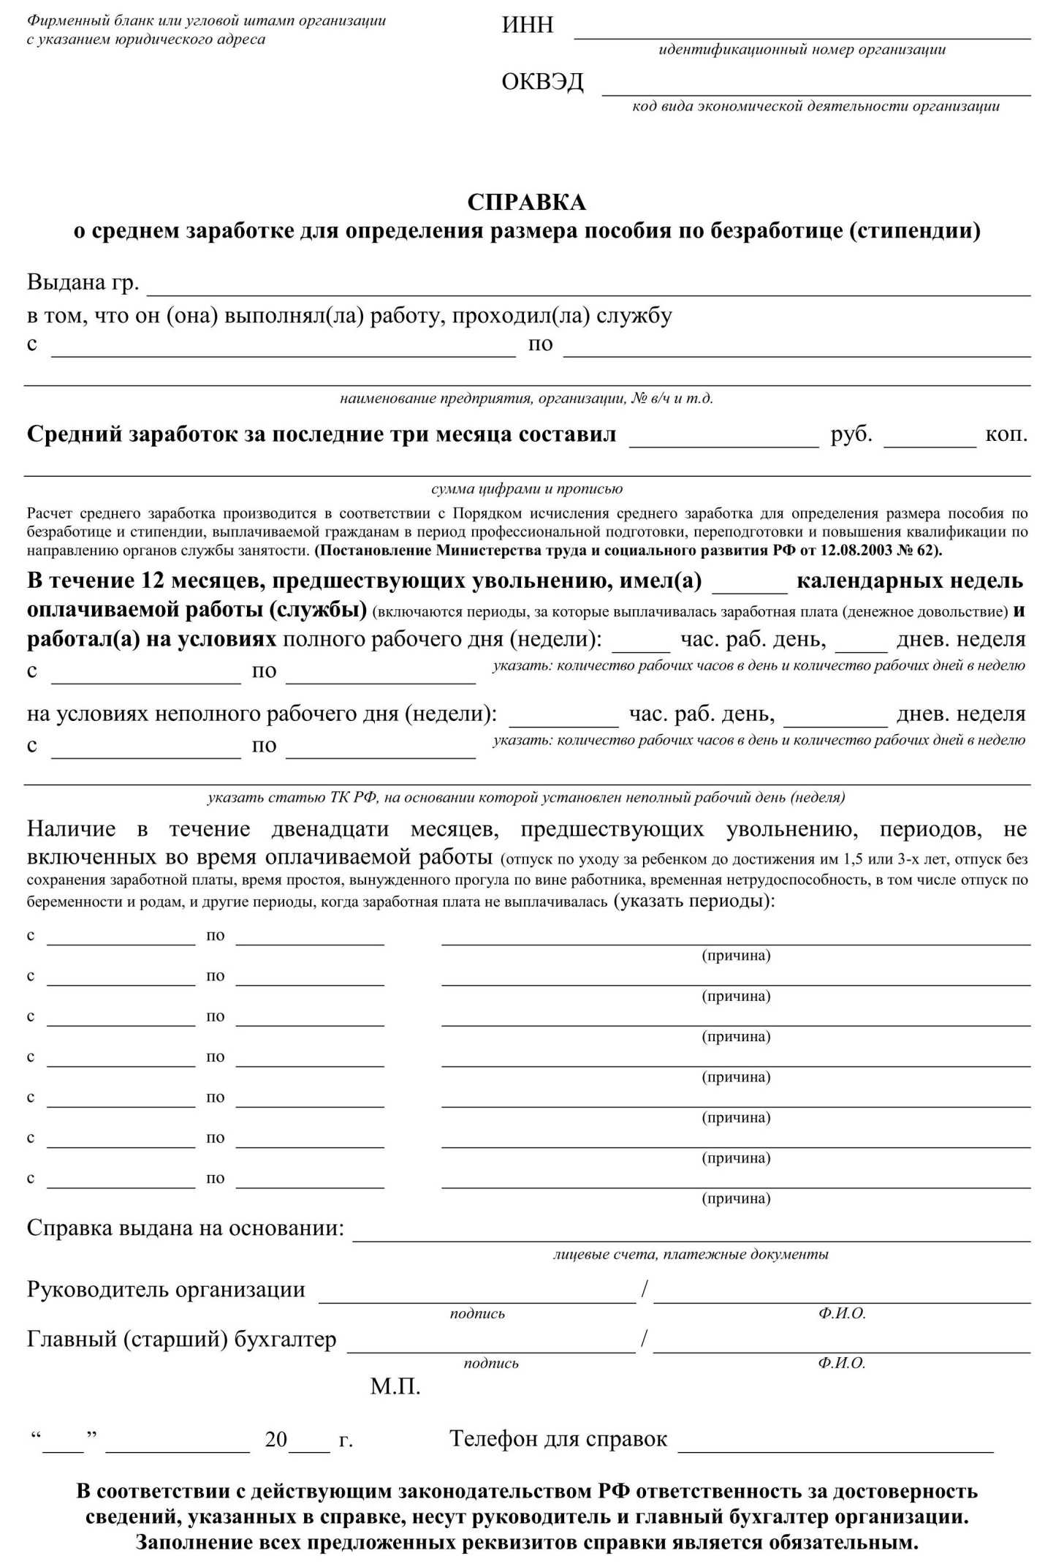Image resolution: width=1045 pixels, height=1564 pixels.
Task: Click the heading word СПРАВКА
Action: click(526, 202)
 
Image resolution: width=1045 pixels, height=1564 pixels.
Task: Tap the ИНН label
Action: click(527, 25)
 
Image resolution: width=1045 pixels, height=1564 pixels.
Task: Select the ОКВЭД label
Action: click(542, 82)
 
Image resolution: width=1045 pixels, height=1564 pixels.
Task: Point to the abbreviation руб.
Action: click(851, 434)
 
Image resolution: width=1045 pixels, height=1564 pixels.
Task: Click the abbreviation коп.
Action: click(1006, 434)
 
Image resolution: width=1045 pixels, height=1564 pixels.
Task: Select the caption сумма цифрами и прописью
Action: click(526, 488)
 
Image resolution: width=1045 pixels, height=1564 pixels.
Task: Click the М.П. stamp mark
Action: click(395, 1386)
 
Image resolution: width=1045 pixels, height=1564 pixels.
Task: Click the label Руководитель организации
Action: click(166, 1288)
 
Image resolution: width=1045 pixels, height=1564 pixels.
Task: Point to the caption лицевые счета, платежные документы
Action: click(691, 1254)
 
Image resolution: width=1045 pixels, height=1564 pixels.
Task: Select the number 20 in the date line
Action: click(275, 1439)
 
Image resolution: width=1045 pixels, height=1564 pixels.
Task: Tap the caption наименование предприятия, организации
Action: click(526, 398)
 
